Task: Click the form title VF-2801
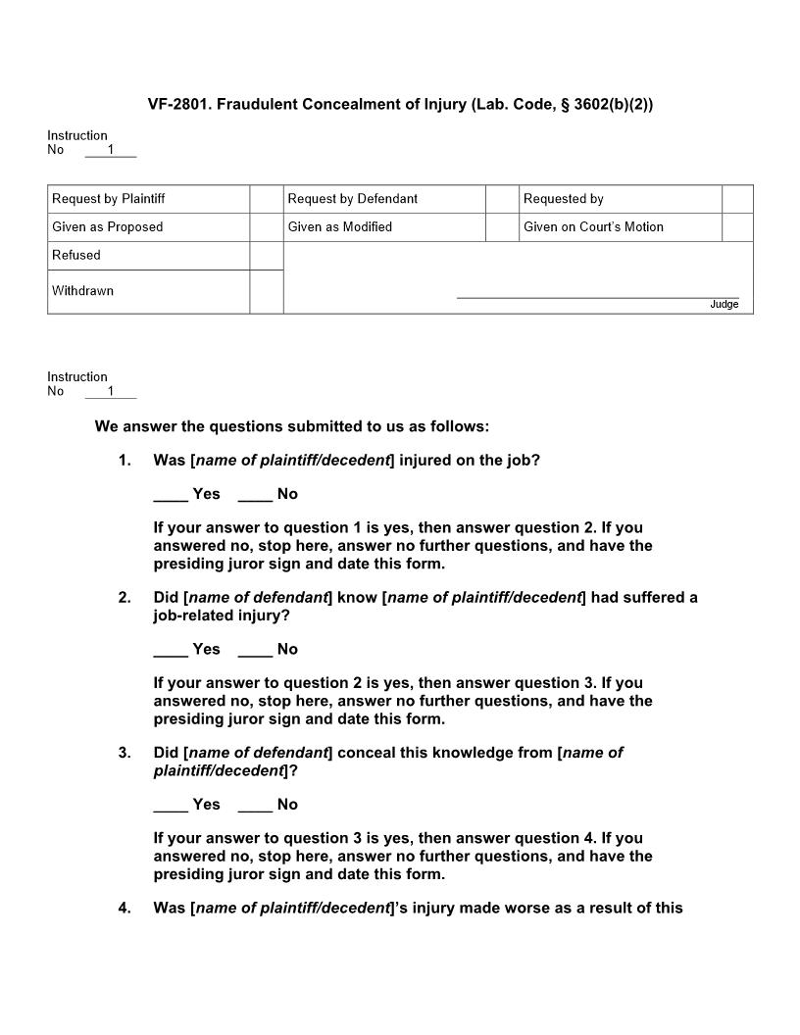(x=400, y=104)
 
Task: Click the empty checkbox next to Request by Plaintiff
(x=266, y=199)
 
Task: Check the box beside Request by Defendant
(x=502, y=199)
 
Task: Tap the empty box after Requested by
(x=737, y=199)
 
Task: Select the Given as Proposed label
(x=108, y=227)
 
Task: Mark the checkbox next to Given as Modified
(x=502, y=227)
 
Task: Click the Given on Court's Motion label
(x=593, y=227)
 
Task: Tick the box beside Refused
(x=266, y=256)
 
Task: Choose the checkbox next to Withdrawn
(x=266, y=291)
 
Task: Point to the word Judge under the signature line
(x=724, y=305)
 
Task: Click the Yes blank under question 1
(x=171, y=495)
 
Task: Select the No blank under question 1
(x=255, y=495)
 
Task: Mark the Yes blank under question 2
(x=171, y=650)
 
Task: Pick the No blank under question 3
(x=255, y=806)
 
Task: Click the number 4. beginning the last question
(x=125, y=909)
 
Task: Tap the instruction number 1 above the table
(x=111, y=150)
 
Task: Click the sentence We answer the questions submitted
(x=291, y=427)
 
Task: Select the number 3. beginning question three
(x=125, y=753)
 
